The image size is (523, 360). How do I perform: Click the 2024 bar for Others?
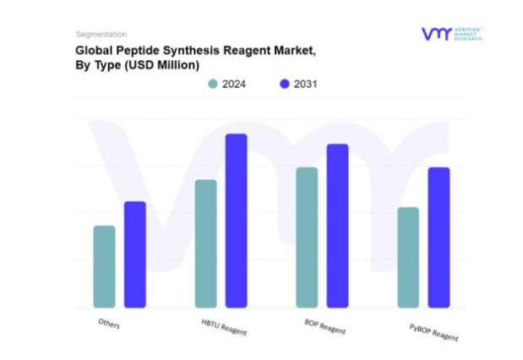[x=104, y=266]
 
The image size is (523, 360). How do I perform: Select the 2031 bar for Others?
[x=135, y=254]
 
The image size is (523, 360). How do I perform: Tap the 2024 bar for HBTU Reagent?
[x=205, y=243]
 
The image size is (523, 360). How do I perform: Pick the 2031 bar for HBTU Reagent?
[x=237, y=221]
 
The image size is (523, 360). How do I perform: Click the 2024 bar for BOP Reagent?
[x=307, y=237]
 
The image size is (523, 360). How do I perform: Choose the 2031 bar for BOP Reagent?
[x=337, y=226]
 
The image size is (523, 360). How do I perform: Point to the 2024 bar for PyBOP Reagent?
[x=407, y=257]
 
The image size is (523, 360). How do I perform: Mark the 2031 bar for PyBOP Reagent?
[x=439, y=237]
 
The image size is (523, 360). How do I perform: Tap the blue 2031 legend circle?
[x=284, y=84]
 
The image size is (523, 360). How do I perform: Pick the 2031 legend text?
[x=305, y=84]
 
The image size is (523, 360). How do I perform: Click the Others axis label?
[x=109, y=324]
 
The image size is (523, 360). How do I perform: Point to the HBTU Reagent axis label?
[x=224, y=327]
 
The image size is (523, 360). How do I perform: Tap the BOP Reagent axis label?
[x=325, y=327]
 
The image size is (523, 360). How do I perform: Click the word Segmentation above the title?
[x=101, y=35]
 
